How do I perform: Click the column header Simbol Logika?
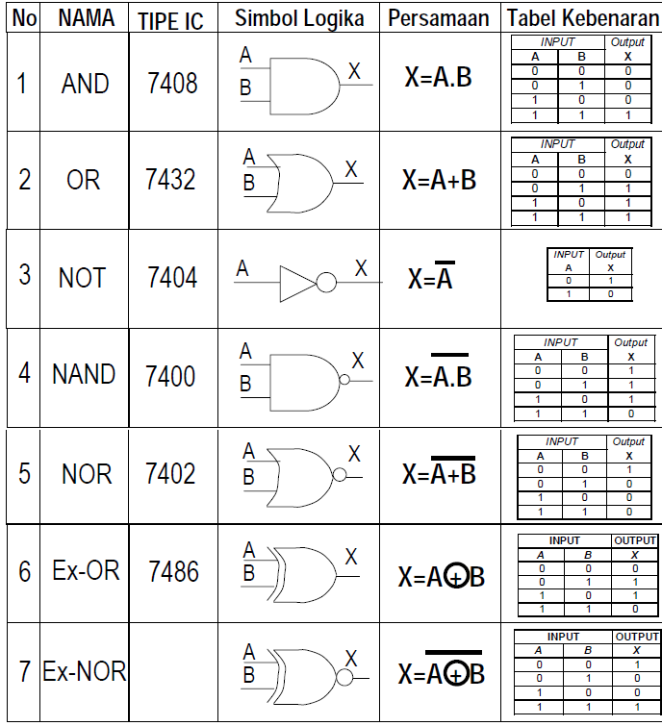click(x=299, y=18)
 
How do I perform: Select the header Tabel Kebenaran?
click(x=583, y=18)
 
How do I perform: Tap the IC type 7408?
click(x=172, y=84)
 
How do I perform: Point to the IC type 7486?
click(x=174, y=572)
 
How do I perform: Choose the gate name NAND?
click(x=84, y=374)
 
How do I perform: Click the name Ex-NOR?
click(x=85, y=671)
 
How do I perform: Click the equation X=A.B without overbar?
click(x=438, y=78)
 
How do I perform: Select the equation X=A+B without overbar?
click(x=439, y=180)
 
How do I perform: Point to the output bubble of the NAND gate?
click(x=344, y=381)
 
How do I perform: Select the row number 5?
click(x=24, y=473)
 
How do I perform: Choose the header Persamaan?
click(x=439, y=18)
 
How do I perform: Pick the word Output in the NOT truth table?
click(x=610, y=255)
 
